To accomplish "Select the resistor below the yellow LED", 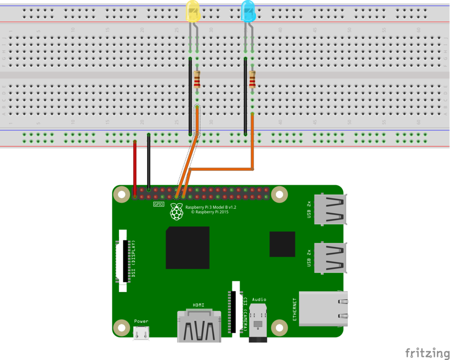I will coord(197,80).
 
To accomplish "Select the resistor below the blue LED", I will coord(252,80).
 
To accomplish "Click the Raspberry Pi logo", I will coord(176,212).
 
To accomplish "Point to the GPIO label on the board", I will coord(159,204).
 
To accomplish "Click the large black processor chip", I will coord(187,247).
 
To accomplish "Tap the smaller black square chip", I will coord(282,244).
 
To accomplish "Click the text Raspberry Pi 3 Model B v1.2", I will coord(211,207).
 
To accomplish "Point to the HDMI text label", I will coord(198,305).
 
